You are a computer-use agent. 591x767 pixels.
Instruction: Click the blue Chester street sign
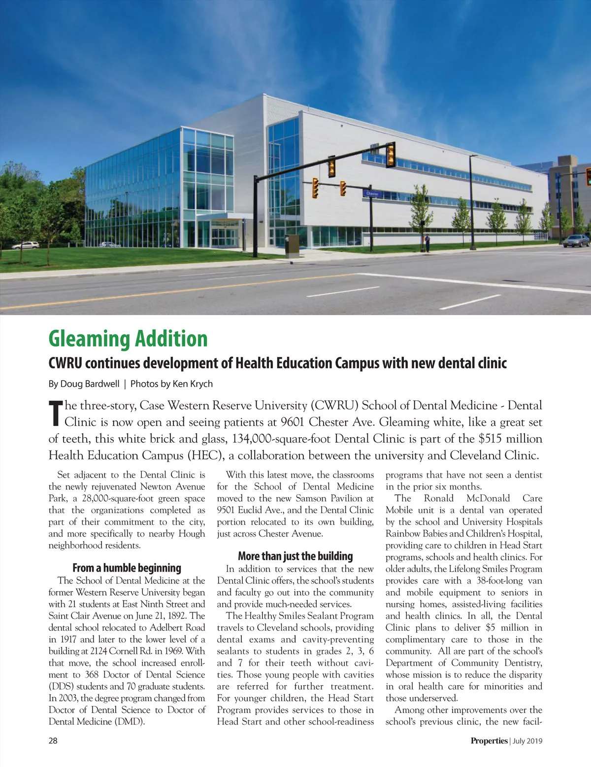[372, 194]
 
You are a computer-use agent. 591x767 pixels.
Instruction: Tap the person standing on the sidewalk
[427, 242]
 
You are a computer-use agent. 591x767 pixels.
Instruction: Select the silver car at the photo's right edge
[576, 240]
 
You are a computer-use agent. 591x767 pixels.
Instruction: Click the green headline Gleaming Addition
[128, 339]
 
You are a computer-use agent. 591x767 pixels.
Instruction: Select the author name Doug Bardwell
[90, 383]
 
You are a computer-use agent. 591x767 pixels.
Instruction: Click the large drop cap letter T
[56, 414]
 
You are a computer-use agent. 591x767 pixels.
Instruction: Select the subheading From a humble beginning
[127, 568]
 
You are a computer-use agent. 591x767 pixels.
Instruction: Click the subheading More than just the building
[295, 556]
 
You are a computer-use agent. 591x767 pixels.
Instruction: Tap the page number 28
[53, 740]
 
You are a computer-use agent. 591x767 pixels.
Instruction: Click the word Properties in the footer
[489, 740]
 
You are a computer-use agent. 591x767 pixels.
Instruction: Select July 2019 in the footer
[527, 740]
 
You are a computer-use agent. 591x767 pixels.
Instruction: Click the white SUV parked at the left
[26, 245]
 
